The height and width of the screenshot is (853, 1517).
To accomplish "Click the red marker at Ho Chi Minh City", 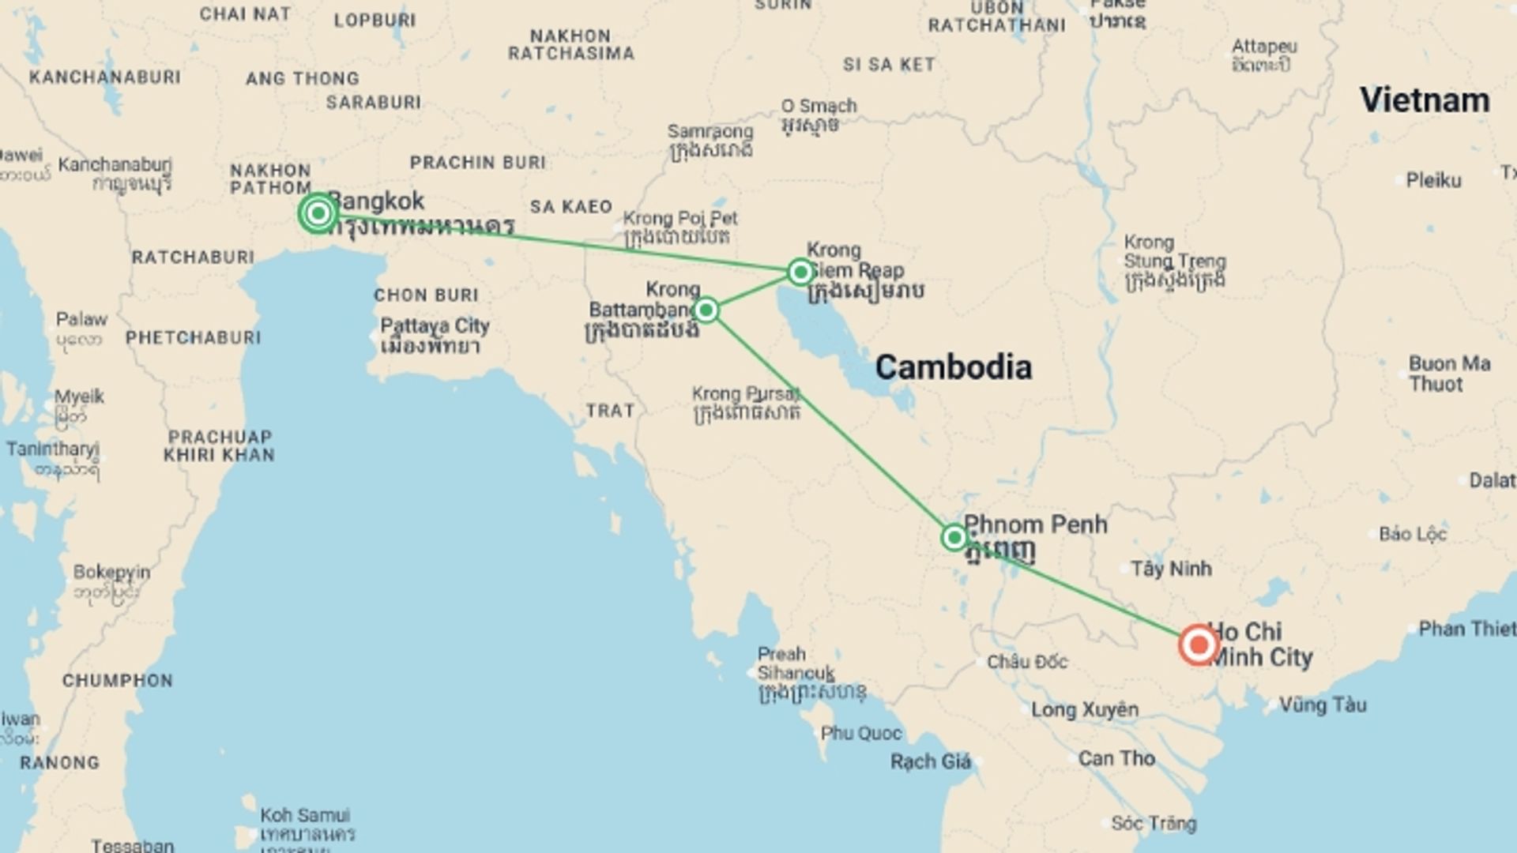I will (1199, 645).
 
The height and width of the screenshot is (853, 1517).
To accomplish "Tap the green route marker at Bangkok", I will (318, 212).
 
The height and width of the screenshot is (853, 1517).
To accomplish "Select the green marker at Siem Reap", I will (800, 272).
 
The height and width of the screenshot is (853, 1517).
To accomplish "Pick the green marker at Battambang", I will (706, 310).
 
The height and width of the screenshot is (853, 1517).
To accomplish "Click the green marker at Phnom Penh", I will (954, 538).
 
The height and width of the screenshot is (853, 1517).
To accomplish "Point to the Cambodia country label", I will (953, 367).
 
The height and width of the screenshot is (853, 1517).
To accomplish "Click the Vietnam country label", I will (1425, 100).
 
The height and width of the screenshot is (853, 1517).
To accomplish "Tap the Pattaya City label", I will (435, 326).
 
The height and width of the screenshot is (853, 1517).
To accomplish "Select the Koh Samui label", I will (305, 815).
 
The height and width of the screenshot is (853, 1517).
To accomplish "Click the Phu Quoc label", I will (860, 733).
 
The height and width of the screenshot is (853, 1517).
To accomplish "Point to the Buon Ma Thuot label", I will (1449, 374).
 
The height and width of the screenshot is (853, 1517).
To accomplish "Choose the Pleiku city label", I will (1433, 180).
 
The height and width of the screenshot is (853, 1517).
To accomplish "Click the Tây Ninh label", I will (1171, 568).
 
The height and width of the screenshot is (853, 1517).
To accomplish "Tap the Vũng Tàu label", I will (1322, 704).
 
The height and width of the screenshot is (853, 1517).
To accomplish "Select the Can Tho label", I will (1116, 758).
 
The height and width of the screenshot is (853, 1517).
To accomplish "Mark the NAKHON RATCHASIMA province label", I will (570, 45).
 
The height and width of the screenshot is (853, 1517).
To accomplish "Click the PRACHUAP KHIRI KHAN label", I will (219, 445).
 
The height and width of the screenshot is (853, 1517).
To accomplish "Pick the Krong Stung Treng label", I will (1174, 252).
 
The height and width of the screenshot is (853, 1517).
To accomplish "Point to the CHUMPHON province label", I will (117, 680).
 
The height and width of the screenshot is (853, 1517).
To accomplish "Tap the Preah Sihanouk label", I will (795, 663).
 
